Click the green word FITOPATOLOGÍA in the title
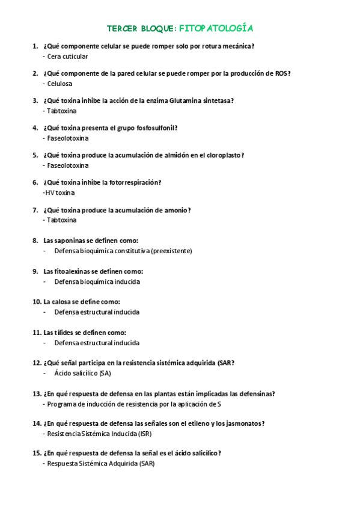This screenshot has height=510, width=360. tap(216, 28)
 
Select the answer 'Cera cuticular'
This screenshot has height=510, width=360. tap(67, 57)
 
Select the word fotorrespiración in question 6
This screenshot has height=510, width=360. tap(135, 182)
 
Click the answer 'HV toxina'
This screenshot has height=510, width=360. tap(59, 193)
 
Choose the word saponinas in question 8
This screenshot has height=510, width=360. tap(72, 240)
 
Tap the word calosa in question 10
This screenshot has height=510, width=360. tap(68, 301)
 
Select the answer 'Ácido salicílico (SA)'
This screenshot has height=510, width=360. tap(82, 373)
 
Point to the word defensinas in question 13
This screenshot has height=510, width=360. tap(254, 394)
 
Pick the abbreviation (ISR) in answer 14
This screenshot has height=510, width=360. tap(145, 434)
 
